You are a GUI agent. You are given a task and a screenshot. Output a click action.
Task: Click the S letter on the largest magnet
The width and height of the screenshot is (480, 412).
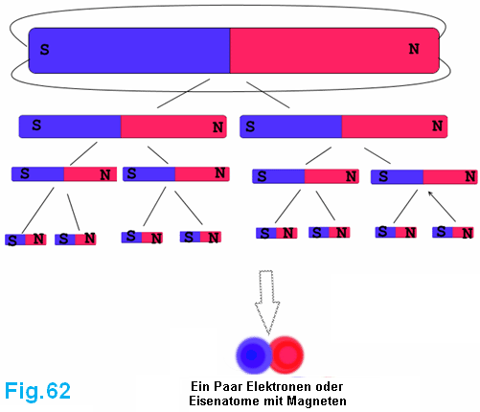pyautogui.click(x=44, y=50)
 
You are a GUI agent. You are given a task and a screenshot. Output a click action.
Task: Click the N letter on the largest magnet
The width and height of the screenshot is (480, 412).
pyautogui.click(x=414, y=49)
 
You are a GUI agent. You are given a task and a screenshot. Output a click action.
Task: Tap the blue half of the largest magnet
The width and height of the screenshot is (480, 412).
pyautogui.click(x=129, y=51)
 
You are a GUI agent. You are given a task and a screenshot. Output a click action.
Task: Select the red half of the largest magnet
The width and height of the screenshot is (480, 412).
pyautogui.click(x=334, y=51)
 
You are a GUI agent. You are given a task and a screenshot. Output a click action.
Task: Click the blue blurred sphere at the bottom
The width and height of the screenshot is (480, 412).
pyautogui.click(x=253, y=355)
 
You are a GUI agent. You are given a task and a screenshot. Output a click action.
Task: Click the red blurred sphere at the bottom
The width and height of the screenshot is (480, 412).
pyautogui.click(x=286, y=355)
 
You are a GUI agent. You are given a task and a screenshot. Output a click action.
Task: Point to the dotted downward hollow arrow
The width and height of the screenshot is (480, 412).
pyautogui.click(x=267, y=302)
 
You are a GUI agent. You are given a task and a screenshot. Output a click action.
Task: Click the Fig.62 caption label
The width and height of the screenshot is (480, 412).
pyautogui.click(x=37, y=391)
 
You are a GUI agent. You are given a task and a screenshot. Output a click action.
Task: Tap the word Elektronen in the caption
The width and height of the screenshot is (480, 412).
pyautogui.click(x=278, y=386)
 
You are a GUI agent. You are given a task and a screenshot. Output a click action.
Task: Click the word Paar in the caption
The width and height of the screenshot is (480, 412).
pyautogui.click(x=228, y=386)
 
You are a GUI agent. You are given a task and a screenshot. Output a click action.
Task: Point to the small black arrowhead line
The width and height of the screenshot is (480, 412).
pyautogui.click(x=442, y=206)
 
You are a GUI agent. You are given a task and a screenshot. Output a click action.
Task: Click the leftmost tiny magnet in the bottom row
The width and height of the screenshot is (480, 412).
pyautogui.click(x=26, y=240)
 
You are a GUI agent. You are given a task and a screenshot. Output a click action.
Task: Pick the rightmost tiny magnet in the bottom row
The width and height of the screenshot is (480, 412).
pyautogui.click(x=453, y=232)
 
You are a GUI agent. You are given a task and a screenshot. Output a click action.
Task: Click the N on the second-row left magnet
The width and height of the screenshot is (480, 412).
pyautogui.click(x=217, y=127)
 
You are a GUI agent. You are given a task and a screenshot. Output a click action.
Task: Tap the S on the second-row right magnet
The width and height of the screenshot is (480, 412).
pyautogui.click(x=250, y=126)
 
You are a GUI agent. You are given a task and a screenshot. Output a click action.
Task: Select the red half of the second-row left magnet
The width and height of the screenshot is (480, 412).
pyautogui.click(x=173, y=126)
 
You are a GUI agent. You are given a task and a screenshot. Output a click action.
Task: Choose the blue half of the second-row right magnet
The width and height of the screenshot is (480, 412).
pyautogui.click(x=291, y=126)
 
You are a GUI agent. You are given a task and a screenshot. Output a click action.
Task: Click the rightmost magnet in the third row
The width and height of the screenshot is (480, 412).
pyautogui.click(x=423, y=177)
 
